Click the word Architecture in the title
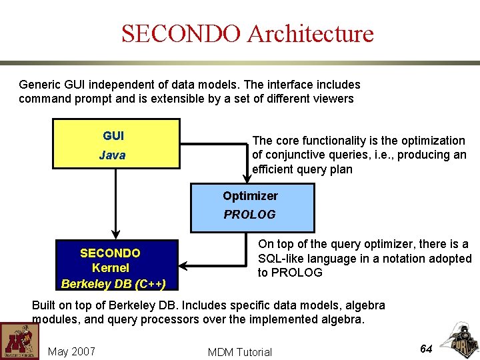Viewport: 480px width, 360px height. pos(310,33)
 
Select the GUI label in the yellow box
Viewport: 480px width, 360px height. pos(113,136)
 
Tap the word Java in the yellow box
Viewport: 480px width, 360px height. pos(112,155)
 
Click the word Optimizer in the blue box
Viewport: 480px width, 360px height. pos(250,196)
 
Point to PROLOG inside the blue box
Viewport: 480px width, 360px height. pos(249,215)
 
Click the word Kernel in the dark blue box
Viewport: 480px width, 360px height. pos(111,268)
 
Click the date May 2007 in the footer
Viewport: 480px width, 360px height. pos(71,351)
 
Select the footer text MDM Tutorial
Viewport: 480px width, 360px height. pos(240,352)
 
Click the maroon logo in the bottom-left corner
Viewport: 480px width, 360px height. pos(19,341)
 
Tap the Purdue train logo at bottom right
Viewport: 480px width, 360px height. pos(459,341)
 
